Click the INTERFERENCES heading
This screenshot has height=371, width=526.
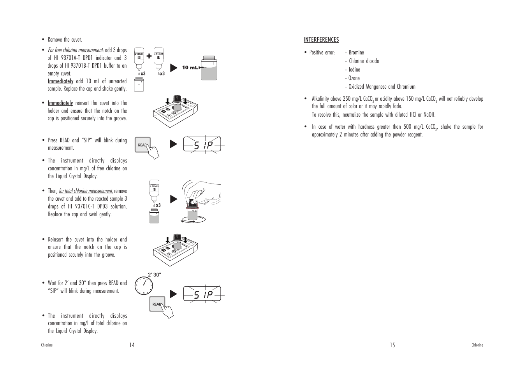pos(321,40)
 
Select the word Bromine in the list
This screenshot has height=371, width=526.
pos(356,52)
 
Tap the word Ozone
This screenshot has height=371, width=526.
pos(354,78)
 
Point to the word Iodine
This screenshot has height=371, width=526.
pos(354,70)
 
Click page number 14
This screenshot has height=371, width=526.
pos(132,345)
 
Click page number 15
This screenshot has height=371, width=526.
pos(392,345)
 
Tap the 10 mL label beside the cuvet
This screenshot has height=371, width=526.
pos(190,68)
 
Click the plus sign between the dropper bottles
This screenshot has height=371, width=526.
pos(149,56)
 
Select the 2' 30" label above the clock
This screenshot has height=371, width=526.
pos(154,275)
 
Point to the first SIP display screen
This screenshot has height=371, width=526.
pos(202,144)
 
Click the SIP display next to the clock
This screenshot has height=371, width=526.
pos(202,294)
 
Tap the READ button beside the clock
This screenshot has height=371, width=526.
pos(157,304)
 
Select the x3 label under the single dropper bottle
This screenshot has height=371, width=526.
pos(158,205)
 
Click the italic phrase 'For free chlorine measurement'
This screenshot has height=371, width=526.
pos(75,50)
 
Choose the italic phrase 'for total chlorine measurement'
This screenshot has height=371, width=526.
pos(85,191)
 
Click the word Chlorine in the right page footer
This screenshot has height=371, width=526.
pos(477,345)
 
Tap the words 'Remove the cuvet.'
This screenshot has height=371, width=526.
pos(65,40)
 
